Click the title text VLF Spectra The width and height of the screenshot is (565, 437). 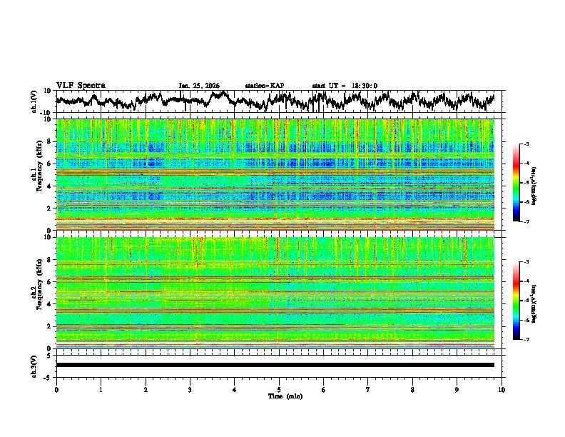click(81, 86)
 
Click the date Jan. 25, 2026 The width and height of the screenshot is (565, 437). click(199, 86)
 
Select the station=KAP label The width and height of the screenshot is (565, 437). click(265, 86)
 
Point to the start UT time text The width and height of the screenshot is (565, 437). click(345, 86)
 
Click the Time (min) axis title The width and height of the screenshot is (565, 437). click(279, 396)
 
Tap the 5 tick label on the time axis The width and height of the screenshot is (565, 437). click(279, 389)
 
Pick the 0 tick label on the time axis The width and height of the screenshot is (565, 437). click(56, 389)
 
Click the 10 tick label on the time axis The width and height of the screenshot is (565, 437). click(502, 389)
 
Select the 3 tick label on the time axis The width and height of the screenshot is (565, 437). click(190, 389)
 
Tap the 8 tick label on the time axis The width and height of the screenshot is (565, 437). click(412, 389)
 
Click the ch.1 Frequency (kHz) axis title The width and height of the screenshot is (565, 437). click(36, 174)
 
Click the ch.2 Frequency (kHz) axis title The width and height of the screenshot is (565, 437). click(36, 293)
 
